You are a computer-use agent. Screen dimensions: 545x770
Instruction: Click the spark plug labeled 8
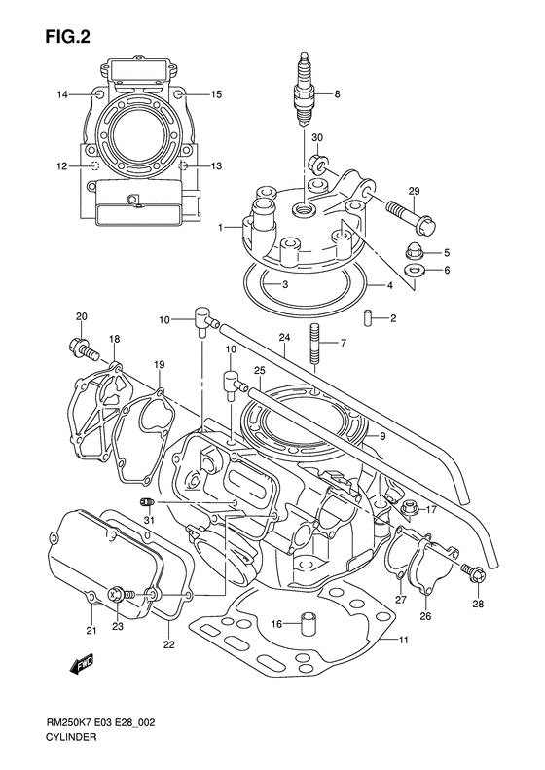305,89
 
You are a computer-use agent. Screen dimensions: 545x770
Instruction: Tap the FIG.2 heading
67,36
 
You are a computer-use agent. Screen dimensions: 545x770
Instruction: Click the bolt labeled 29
411,216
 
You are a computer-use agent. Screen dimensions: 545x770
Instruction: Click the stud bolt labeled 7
314,343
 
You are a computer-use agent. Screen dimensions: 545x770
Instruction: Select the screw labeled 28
473,572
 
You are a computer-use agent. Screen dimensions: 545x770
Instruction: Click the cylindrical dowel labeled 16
308,624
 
